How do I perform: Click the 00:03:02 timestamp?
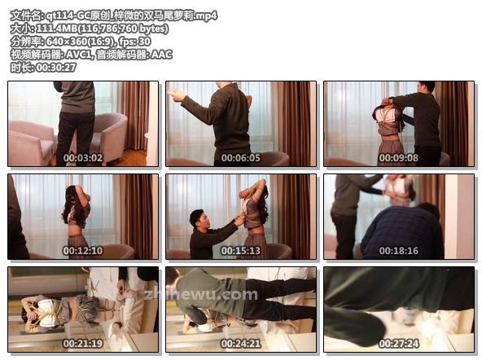[x=83, y=158]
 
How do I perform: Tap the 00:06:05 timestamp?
[x=241, y=158]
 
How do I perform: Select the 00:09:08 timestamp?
[x=399, y=158]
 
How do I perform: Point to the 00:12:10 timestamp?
[x=83, y=251]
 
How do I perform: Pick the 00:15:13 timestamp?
[x=241, y=251]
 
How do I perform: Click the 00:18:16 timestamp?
[x=399, y=251]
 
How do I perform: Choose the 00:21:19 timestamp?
[x=83, y=344]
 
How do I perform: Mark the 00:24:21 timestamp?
[x=241, y=344]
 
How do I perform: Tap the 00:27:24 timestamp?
[x=399, y=344]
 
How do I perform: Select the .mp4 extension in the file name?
[x=206, y=15]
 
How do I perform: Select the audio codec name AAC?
[x=161, y=55]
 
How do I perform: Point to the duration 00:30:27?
[x=56, y=68]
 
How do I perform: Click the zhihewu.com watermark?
[x=201, y=295]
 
